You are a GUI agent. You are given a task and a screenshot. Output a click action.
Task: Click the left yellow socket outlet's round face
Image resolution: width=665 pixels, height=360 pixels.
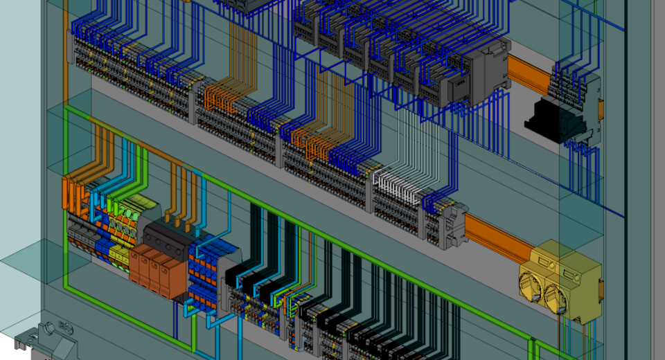[x=535, y=285]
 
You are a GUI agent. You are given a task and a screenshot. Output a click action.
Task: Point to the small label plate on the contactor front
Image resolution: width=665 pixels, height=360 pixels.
[x=458, y=88]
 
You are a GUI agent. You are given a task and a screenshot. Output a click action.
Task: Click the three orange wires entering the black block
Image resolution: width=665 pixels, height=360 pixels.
[x=180, y=201]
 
